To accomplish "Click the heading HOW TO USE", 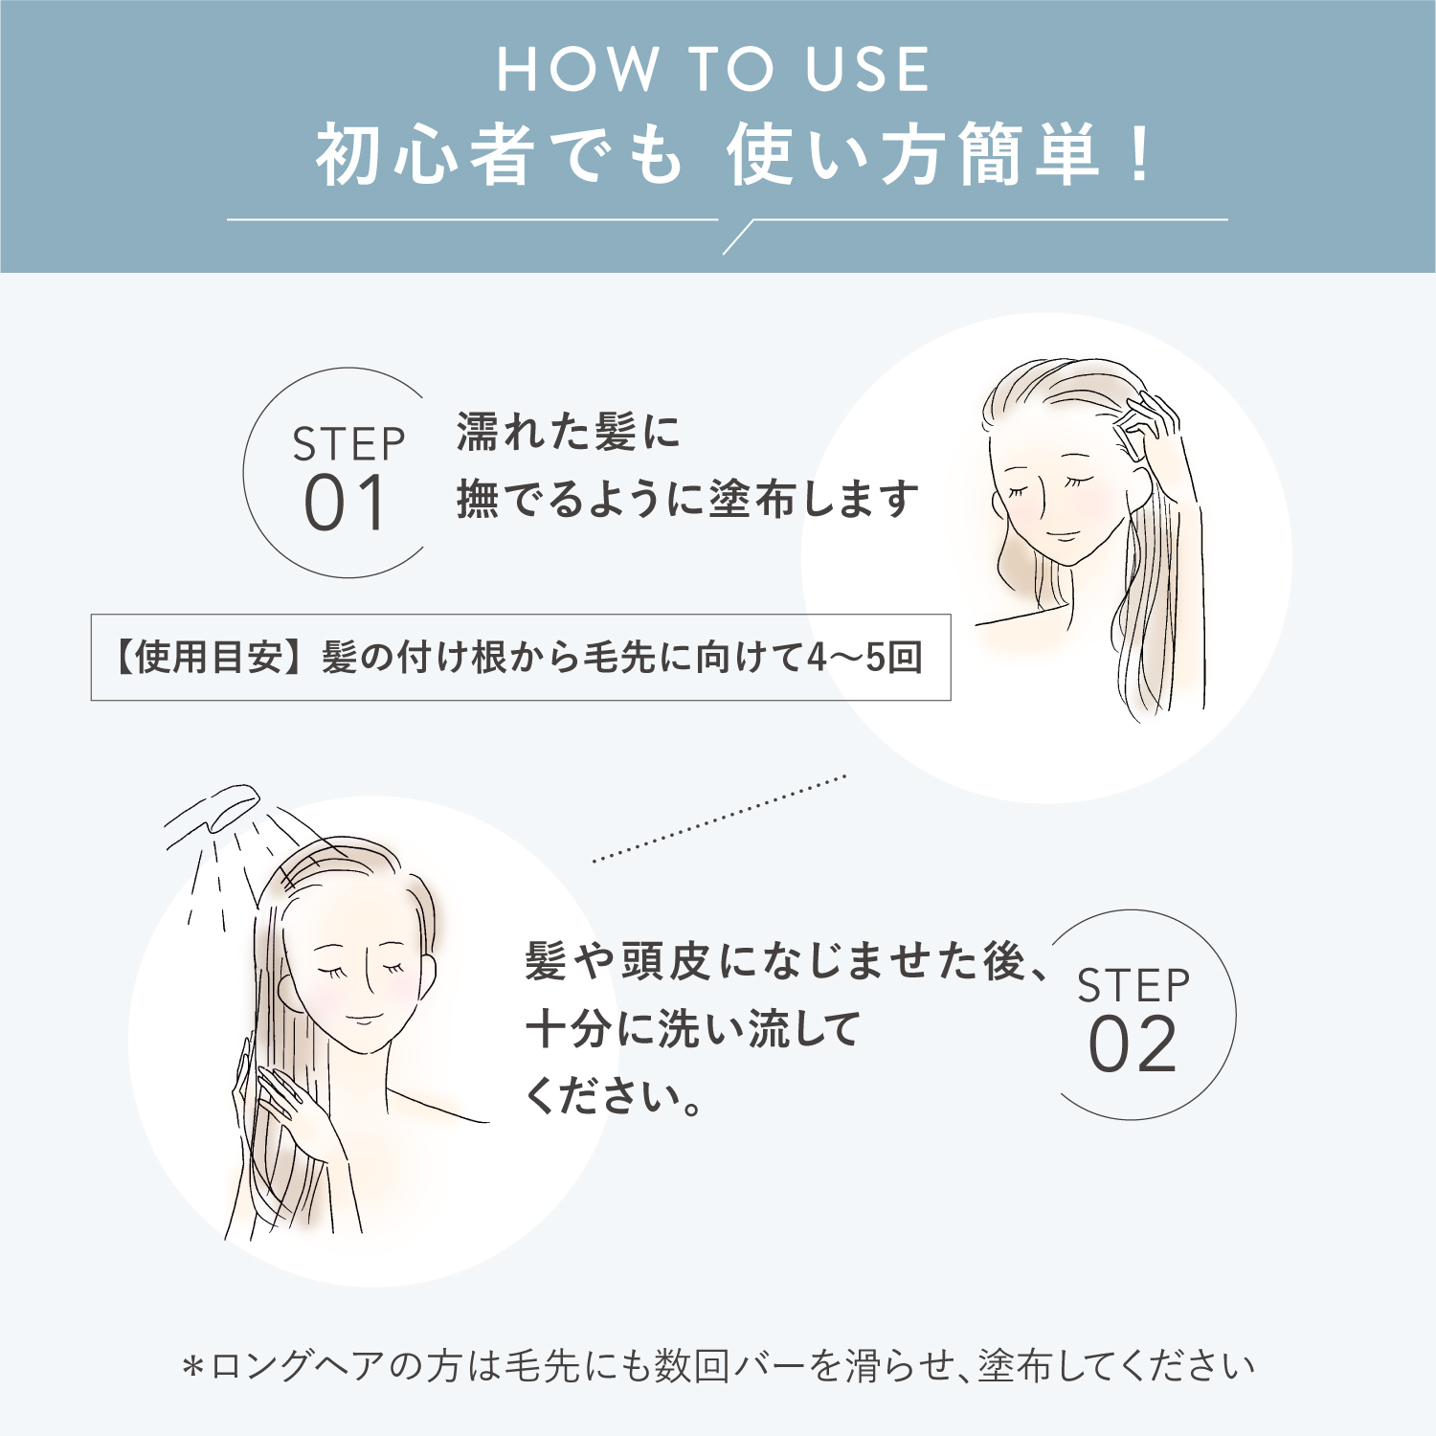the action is [x=713, y=69].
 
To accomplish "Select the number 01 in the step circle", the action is [x=346, y=504].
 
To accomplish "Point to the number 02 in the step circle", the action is [x=1133, y=1044].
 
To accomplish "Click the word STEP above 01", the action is [x=349, y=445].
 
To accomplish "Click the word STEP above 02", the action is [x=1133, y=986].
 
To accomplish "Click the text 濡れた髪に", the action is [x=568, y=432].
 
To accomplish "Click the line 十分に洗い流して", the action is [x=693, y=1030].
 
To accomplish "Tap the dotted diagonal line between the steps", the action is [x=719, y=819].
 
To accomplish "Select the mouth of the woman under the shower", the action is [x=364, y=1018].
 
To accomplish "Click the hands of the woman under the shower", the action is [x=287, y=1111].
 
